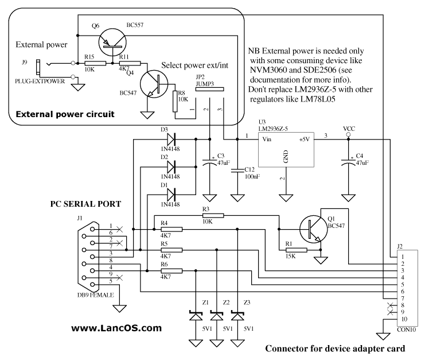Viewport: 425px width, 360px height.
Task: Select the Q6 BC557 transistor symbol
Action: (108, 40)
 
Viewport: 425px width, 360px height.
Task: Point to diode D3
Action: (170, 138)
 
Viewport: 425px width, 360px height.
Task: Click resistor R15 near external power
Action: (94, 63)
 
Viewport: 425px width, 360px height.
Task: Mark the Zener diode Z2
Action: (216, 315)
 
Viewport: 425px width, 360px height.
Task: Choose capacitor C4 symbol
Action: (348, 162)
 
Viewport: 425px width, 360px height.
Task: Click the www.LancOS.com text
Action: (116, 328)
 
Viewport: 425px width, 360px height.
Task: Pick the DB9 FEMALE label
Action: (95, 296)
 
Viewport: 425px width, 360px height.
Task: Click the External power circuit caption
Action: (65, 114)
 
